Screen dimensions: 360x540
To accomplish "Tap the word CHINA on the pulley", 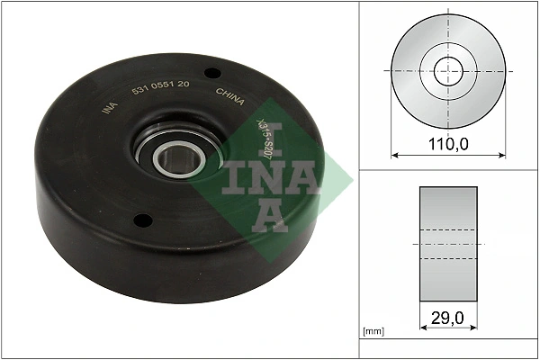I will tap(230, 96).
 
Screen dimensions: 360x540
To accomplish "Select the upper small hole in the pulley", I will tap(211, 74).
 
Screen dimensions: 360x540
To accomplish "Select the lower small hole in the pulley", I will tap(140, 219).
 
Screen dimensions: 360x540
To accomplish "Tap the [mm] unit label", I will tap(372, 332).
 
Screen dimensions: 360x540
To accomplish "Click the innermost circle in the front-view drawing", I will tap(447, 70).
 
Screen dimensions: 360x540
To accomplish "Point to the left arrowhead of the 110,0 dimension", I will tap(394, 156).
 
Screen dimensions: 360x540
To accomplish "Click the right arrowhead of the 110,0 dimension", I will tap(501, 156).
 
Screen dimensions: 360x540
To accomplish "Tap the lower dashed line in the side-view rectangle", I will tap(447, 259).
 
